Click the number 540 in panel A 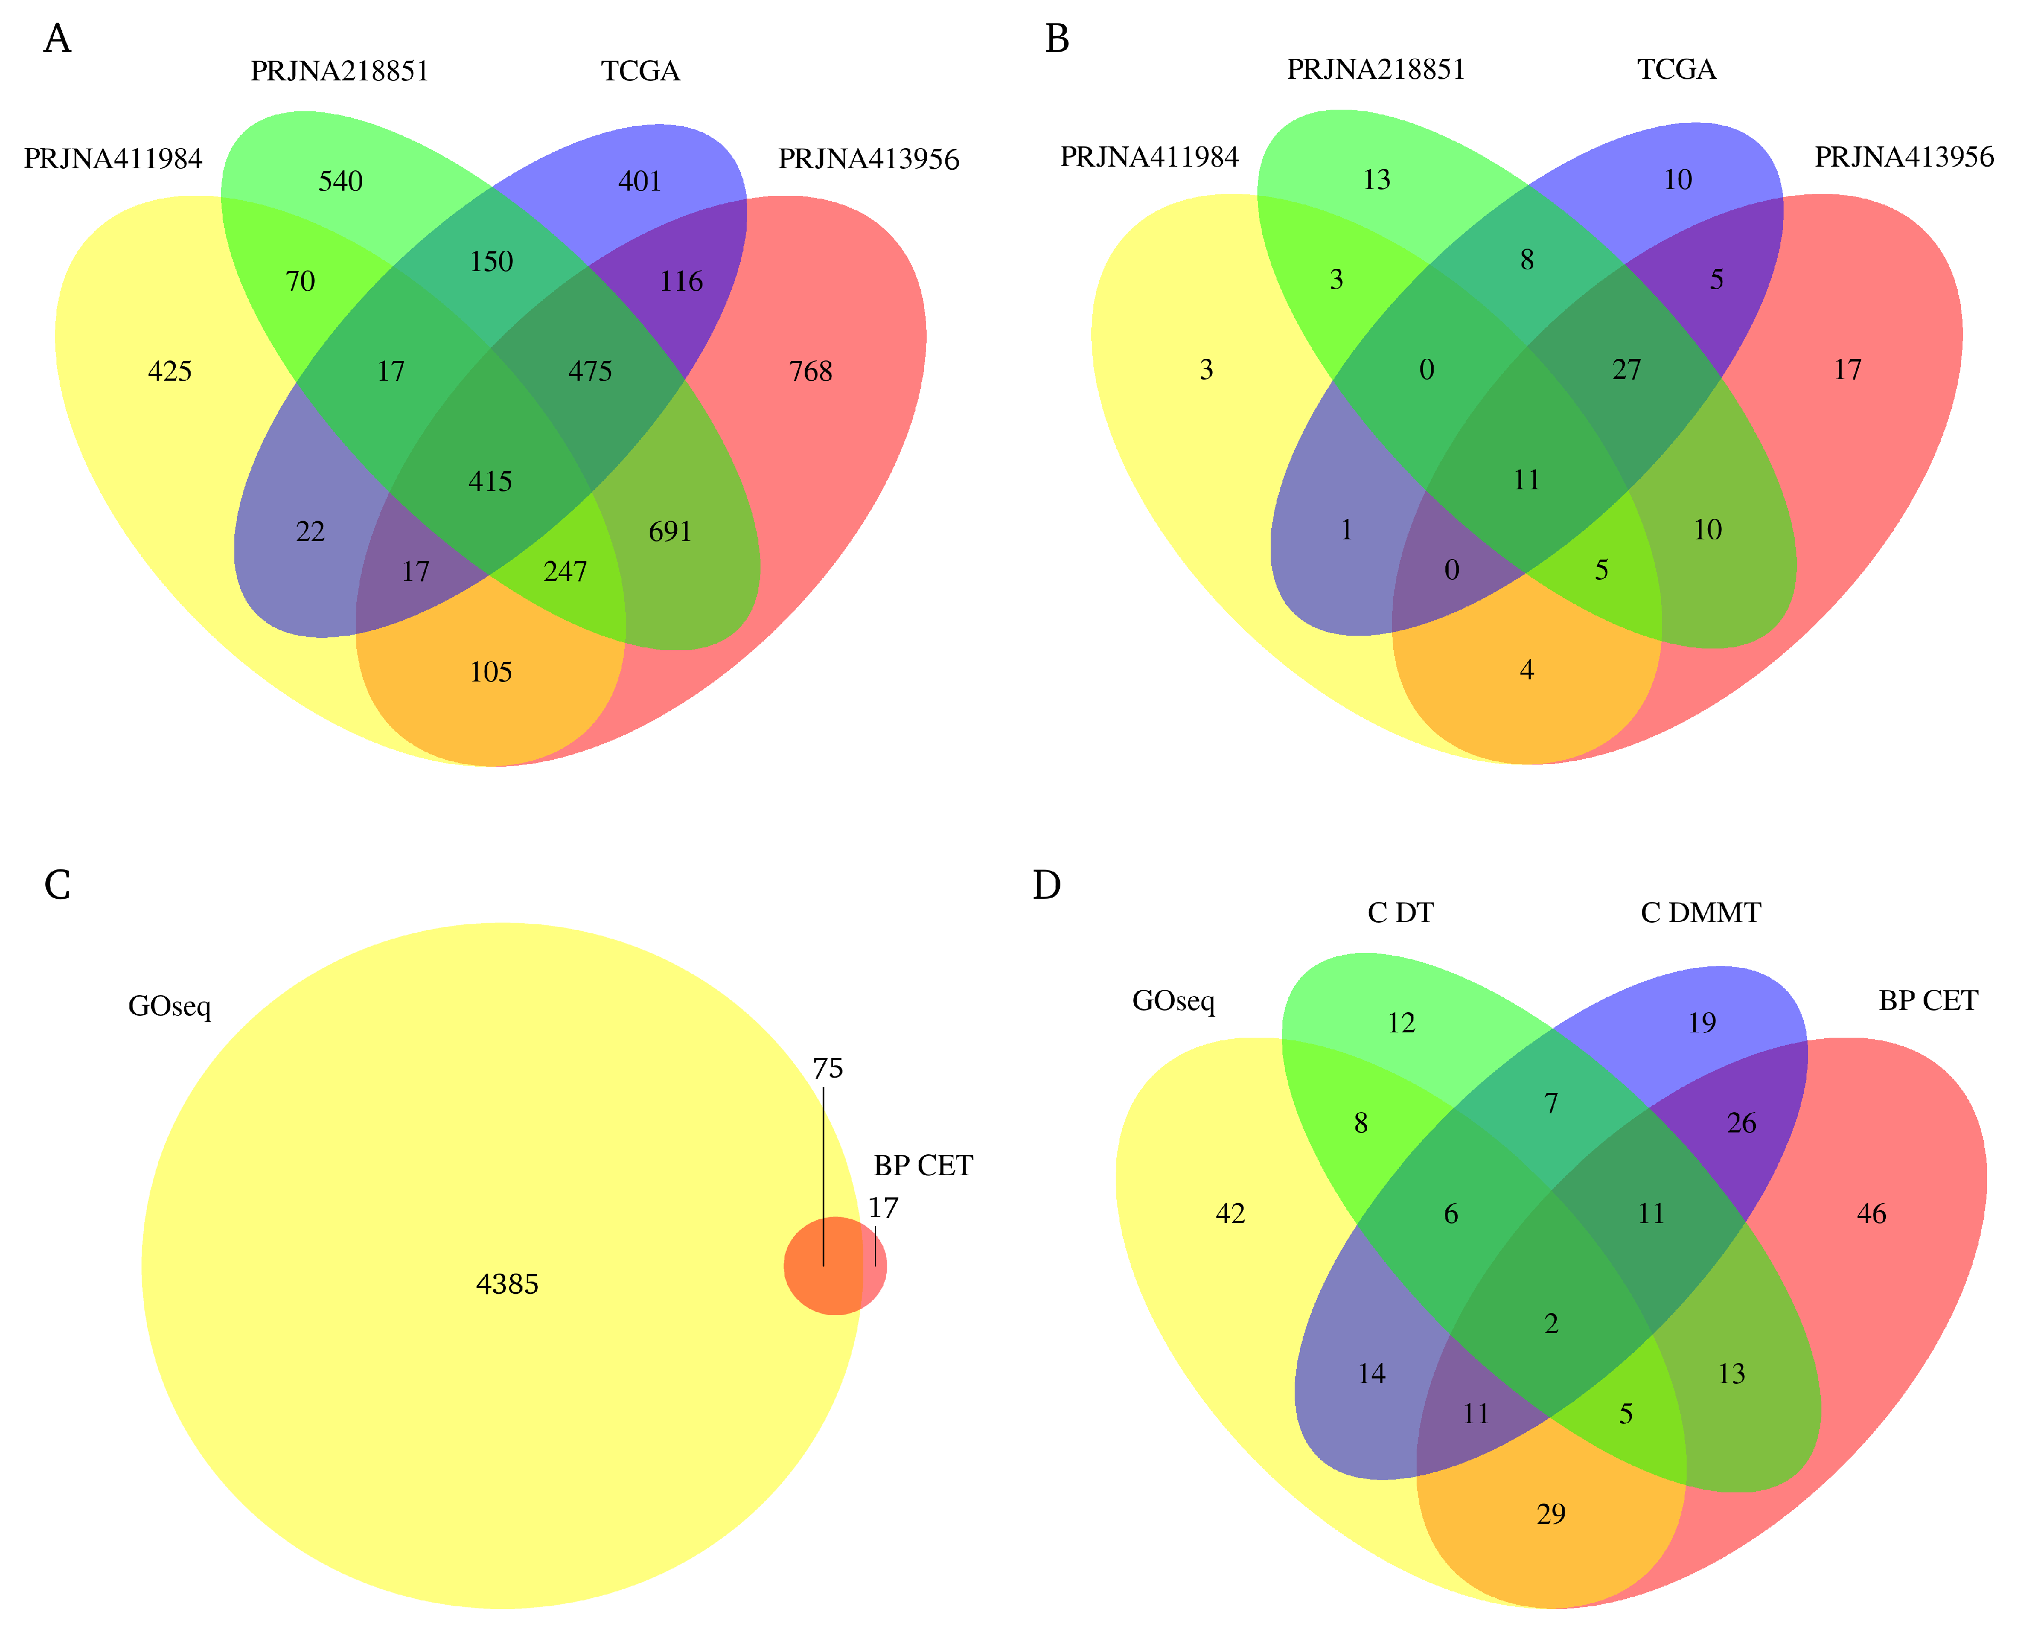tap(340, 181)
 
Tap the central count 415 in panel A tap(490, 481)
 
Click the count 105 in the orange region tap(491, 672)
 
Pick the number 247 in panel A tap(565, 571)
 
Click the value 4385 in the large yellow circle tap(507, 1284)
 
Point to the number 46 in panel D tap(1871, 1213)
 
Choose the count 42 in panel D tap(1231, 1213)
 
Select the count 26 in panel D tap(1742, 1123)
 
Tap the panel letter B tap(1057, 39)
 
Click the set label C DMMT tap(1701, 913)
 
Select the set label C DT tap(1400, 913)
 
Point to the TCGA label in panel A tap(641, 71)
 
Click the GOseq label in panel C tap(170, 1006)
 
